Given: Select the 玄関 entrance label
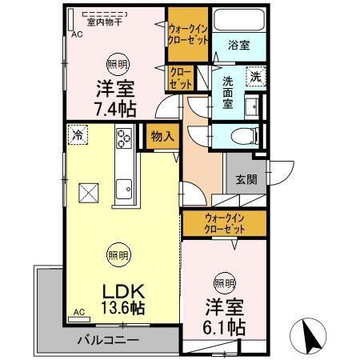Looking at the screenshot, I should (x=246, y=180).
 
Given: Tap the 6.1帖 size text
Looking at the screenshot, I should (x=224, y=326).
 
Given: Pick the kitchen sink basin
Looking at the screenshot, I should (x=125, y=190).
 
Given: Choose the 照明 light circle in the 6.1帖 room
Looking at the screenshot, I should (x=224, y=282).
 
